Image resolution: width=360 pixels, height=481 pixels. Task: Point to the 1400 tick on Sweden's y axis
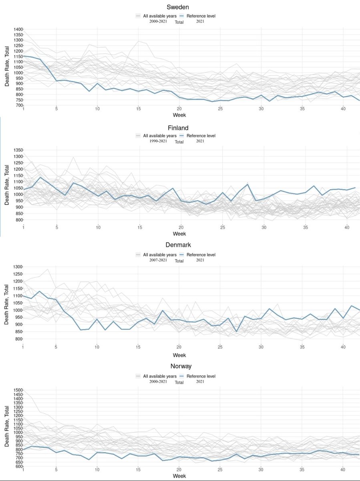tap(18, 30)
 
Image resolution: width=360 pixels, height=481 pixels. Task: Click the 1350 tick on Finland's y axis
tap(18, 150)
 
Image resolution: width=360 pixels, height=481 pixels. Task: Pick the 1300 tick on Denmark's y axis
tap(18, 267)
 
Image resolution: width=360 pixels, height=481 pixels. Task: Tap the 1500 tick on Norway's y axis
tap(18, 390)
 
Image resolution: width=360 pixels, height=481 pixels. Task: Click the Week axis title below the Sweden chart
tap(179, 115)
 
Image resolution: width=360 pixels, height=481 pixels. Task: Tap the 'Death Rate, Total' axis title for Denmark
tap(7, 303)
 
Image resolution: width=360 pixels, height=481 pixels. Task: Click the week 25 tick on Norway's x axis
tap(220, 469)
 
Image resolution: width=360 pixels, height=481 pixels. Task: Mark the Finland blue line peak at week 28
tap(247, 184)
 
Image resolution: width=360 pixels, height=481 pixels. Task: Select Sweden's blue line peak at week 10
tap(97, 83)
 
